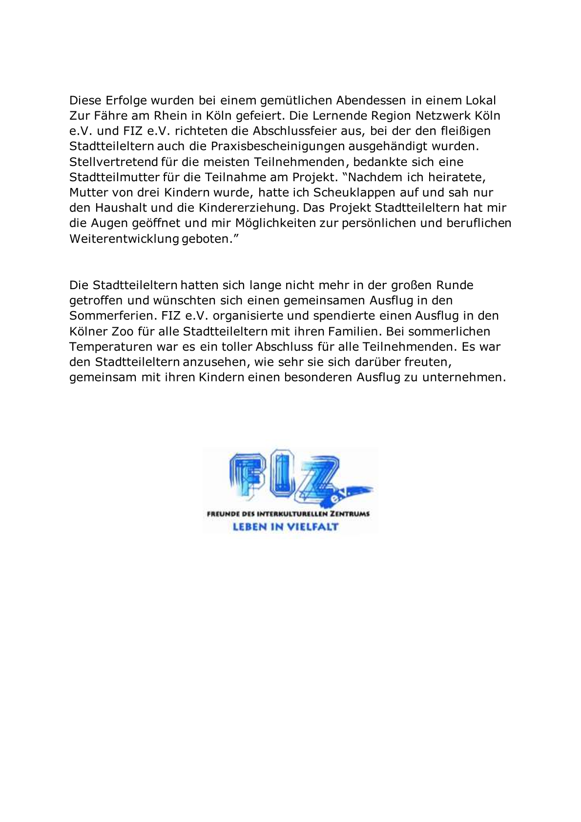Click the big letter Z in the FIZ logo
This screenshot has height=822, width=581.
320,476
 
